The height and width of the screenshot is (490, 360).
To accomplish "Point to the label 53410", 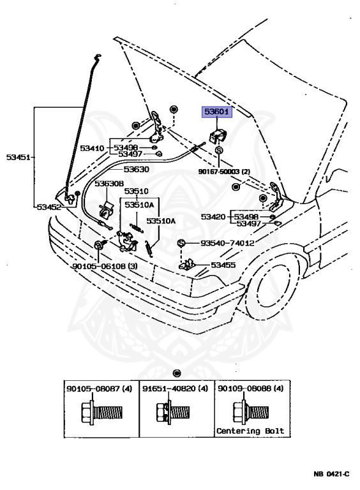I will click(91, 148).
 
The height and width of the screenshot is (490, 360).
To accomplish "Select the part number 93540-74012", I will click(227, 243).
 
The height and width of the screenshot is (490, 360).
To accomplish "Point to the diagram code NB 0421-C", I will click(331, 474).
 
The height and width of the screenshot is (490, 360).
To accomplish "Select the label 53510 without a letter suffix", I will click(136, 191).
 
